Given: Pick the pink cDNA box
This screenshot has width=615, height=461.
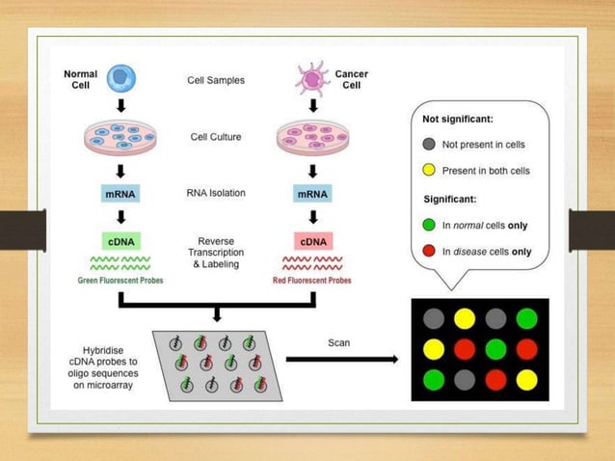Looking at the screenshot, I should [x=314, y=240].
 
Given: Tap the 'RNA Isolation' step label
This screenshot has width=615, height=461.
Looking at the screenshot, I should [x=216, y=193].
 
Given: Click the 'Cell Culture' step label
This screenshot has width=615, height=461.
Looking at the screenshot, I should [x=216, y=137].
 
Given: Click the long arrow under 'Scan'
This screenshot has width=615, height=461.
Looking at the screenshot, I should [x=342, y=360].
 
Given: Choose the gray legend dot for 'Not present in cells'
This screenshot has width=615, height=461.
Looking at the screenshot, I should [x=429, y=145].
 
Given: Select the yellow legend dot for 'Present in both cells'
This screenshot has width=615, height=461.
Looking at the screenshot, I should [x=429, y=171].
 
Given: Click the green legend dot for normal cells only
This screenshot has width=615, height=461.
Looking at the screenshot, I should [x=429, y=226].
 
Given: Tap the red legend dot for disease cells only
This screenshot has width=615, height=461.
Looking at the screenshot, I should [x=429, y=252].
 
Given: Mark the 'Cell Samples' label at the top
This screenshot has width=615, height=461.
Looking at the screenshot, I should [x=216, y=80].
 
